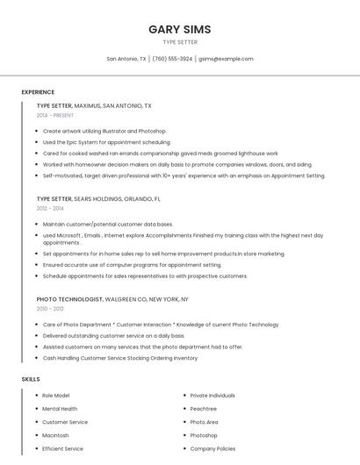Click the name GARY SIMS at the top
(179, 29)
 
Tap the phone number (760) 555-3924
(172, 59)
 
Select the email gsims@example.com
(226, 59)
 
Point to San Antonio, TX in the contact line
(126, 59)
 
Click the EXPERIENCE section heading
(38, 92)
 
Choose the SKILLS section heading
(31, 379)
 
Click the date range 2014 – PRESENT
(55, 115)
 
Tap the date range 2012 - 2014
(50, 208)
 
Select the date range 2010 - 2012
(50, 309)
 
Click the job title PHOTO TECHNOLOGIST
(69, 299)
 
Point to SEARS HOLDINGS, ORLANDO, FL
(118, 199)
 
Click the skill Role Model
(55, 396)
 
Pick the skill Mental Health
(60, 409)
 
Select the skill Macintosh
(55, 435)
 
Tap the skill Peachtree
(204, 409)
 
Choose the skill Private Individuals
(212, 396)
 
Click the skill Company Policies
(212, 448)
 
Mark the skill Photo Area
(205, 422)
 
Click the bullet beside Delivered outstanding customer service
(37, 336)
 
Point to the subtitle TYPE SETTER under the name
(179, 42)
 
